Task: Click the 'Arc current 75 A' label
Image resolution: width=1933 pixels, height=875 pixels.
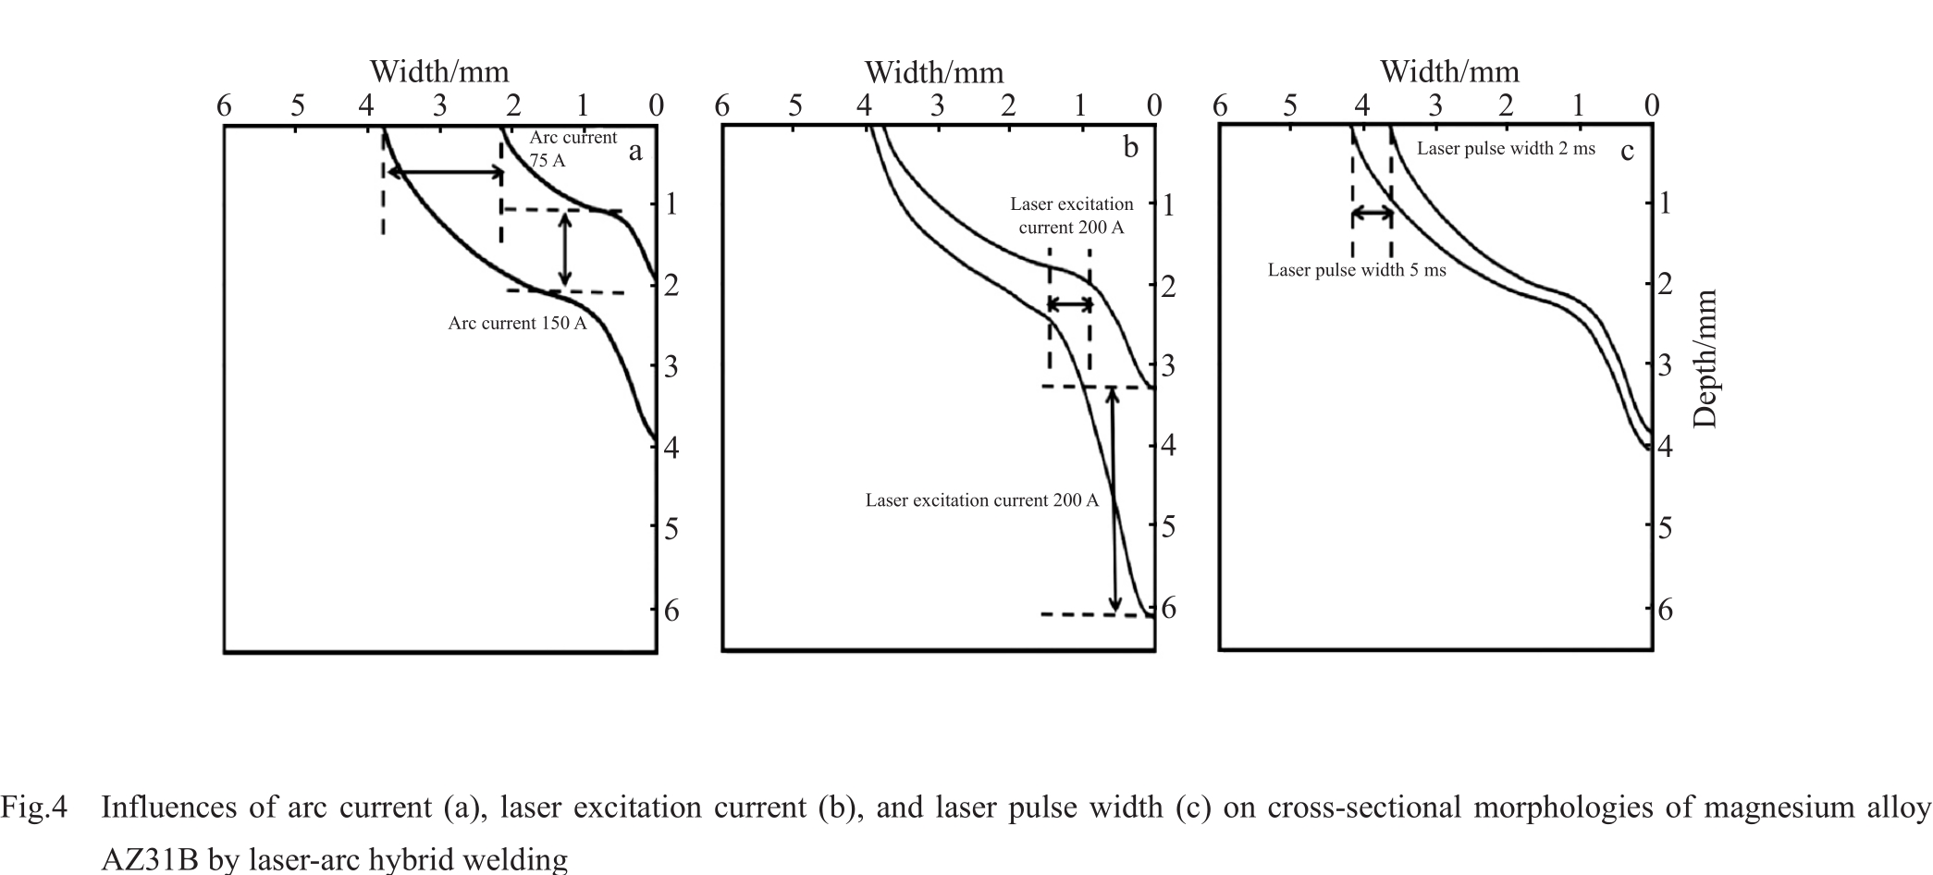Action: click(x=573, y=148)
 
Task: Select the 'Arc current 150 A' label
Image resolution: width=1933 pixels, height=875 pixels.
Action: click(x=517, y=323)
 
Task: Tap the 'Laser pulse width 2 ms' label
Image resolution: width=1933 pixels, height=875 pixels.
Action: click(x=1506, y=148)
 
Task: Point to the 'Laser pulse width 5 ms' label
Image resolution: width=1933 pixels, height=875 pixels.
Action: click(x=1357, y=270)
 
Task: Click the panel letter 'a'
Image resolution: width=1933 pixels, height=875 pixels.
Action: click(x=635, y=151)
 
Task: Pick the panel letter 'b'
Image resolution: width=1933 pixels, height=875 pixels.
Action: click(x=1130, y=147)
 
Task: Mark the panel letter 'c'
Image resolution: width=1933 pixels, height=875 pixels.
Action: click(x=1627, y=150)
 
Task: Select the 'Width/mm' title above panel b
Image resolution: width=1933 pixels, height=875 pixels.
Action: click(x=934, y=72)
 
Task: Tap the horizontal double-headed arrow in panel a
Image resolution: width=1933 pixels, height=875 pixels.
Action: click(x=444, y=172)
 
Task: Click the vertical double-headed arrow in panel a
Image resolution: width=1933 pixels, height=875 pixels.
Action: click(x=565, y=249)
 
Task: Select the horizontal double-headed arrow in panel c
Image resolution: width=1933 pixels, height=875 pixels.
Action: click(x=1372, y=214)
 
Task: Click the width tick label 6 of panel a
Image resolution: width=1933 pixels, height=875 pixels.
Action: click(x=224, y=105)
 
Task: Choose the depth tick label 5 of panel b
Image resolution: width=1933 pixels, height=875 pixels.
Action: click(x=1169, y=526)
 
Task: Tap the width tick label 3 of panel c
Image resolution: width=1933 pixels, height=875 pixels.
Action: click(x=1434, y=105)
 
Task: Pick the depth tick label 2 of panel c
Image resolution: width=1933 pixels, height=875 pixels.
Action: click(x=1666, y=284)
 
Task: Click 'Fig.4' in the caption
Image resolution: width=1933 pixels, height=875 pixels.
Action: click(x=34, y=807)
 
